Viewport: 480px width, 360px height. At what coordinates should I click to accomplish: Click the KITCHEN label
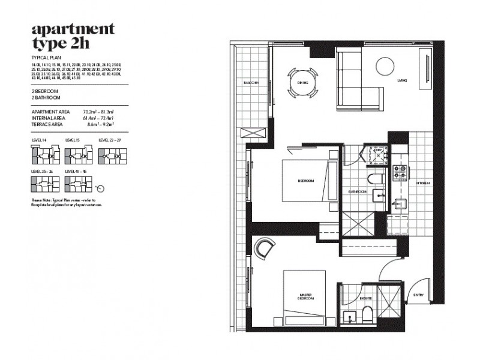(423, 183)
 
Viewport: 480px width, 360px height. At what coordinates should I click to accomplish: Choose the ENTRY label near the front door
(418, 295)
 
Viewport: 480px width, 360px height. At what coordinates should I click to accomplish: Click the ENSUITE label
(366, 297)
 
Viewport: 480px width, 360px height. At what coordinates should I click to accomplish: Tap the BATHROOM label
(358, 192)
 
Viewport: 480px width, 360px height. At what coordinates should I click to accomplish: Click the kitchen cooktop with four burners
(400, 173)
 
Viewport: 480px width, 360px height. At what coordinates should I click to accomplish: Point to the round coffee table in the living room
(384, 65)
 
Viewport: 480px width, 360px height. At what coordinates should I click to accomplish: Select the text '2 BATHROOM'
(46, 97)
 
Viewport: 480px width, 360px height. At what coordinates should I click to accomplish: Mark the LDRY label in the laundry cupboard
(379, 151)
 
